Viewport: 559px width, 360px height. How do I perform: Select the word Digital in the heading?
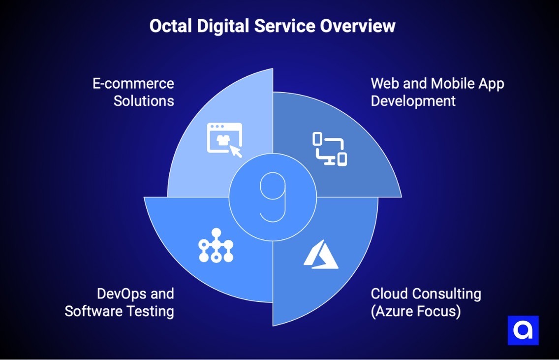tap(224, 26)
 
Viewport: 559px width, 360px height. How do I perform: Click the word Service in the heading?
tap(286, 26)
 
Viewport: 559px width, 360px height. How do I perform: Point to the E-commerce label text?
tap(133, 83)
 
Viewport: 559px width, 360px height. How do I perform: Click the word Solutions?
tap(144, 101)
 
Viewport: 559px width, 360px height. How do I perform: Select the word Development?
tap(413, 101)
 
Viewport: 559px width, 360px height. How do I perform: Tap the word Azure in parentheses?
tap(397, 311)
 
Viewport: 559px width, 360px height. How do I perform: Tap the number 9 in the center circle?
tap(270, 197)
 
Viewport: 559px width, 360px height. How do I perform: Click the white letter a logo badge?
tap(523, 330)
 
